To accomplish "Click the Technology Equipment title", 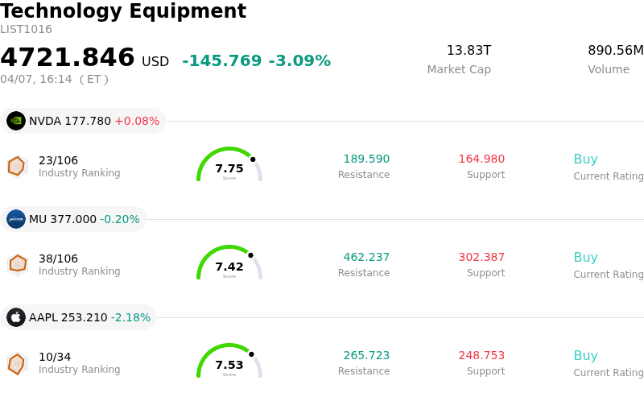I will [x=123, y=11].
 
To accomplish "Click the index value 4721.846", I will [x=68, y=58].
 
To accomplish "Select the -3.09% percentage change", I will [x=299, y=61].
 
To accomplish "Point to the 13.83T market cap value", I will [x=469, y=51].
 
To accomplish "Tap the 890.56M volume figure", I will [x=616, y=51].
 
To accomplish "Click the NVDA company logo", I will [x=16, y=121].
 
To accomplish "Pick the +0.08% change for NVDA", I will [x=137, y=122].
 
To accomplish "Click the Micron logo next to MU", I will [x=16, y=219].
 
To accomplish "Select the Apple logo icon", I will [x=16, y=317].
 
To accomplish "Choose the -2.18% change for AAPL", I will [x=130, y=317].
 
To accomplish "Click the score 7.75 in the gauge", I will [x=229, y=168].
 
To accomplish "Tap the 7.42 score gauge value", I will [x=229, y=267].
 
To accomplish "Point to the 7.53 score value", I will [x=229, y=365].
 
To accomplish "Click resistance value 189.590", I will [x=366, y=159].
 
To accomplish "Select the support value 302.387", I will [x=481, y=258].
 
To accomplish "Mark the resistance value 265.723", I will [x=366, y=356].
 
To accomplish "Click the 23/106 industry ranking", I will [x=58, y=160].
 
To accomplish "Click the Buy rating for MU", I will [x=585, y=258].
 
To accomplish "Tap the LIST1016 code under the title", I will [x=26, y=30].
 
